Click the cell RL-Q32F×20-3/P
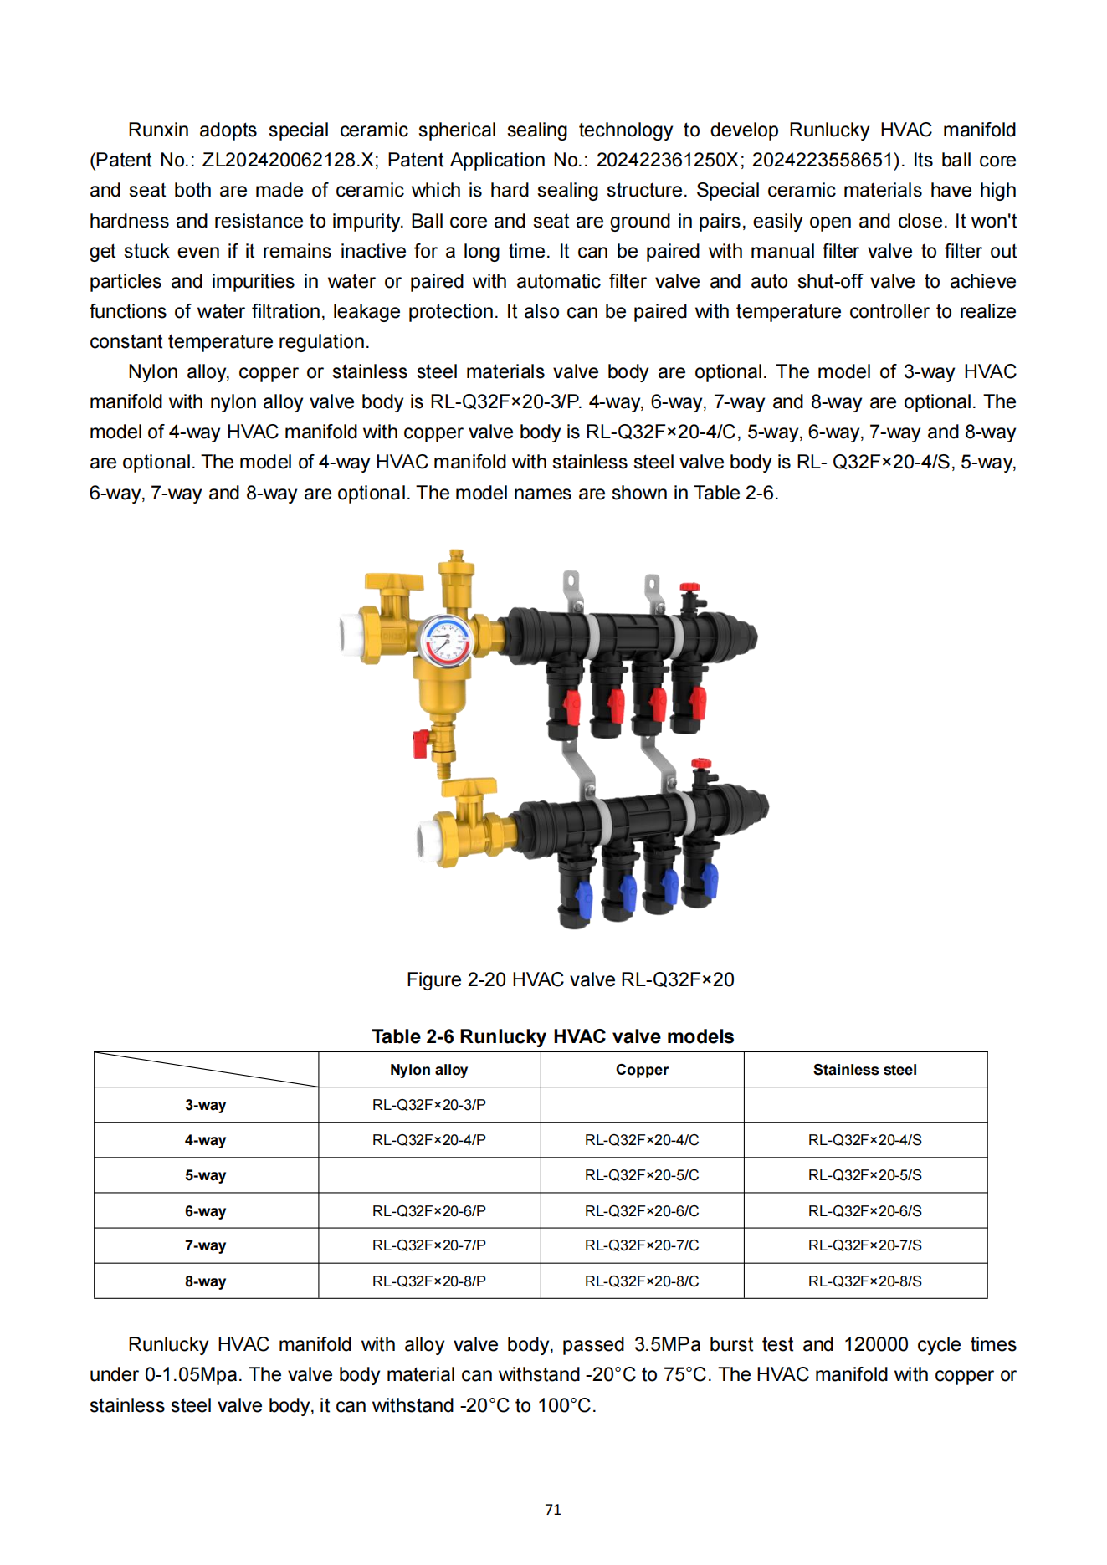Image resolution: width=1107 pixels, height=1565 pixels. (428, 1105)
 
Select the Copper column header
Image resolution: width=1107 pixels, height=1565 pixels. (642, 1070)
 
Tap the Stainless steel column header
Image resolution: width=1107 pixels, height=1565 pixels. (864, 1070)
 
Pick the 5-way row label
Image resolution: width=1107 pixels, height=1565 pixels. (206, 1175)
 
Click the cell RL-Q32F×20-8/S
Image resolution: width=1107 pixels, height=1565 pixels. (864, 1281)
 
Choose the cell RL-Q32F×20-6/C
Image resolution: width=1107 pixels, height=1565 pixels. (642, 1211)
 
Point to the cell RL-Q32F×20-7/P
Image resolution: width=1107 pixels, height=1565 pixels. (428, 1245)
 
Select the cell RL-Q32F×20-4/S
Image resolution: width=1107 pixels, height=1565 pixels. (864, 1140)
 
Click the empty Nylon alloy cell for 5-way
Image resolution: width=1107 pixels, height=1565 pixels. (428, 1175)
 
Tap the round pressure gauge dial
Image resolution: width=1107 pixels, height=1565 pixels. (445, 641)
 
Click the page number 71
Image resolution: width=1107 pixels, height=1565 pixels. (553, 1510)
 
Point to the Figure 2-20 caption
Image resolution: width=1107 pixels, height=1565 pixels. (570, 979)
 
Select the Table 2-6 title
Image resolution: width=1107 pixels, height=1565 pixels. (553, 1036)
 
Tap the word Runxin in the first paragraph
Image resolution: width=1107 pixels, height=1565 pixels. (158, 130)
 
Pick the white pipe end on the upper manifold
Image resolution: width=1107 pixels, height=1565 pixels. (350, 633)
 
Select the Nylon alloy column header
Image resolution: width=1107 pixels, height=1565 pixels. (428, 1070)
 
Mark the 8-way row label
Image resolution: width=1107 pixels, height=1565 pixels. (206, 1281)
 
